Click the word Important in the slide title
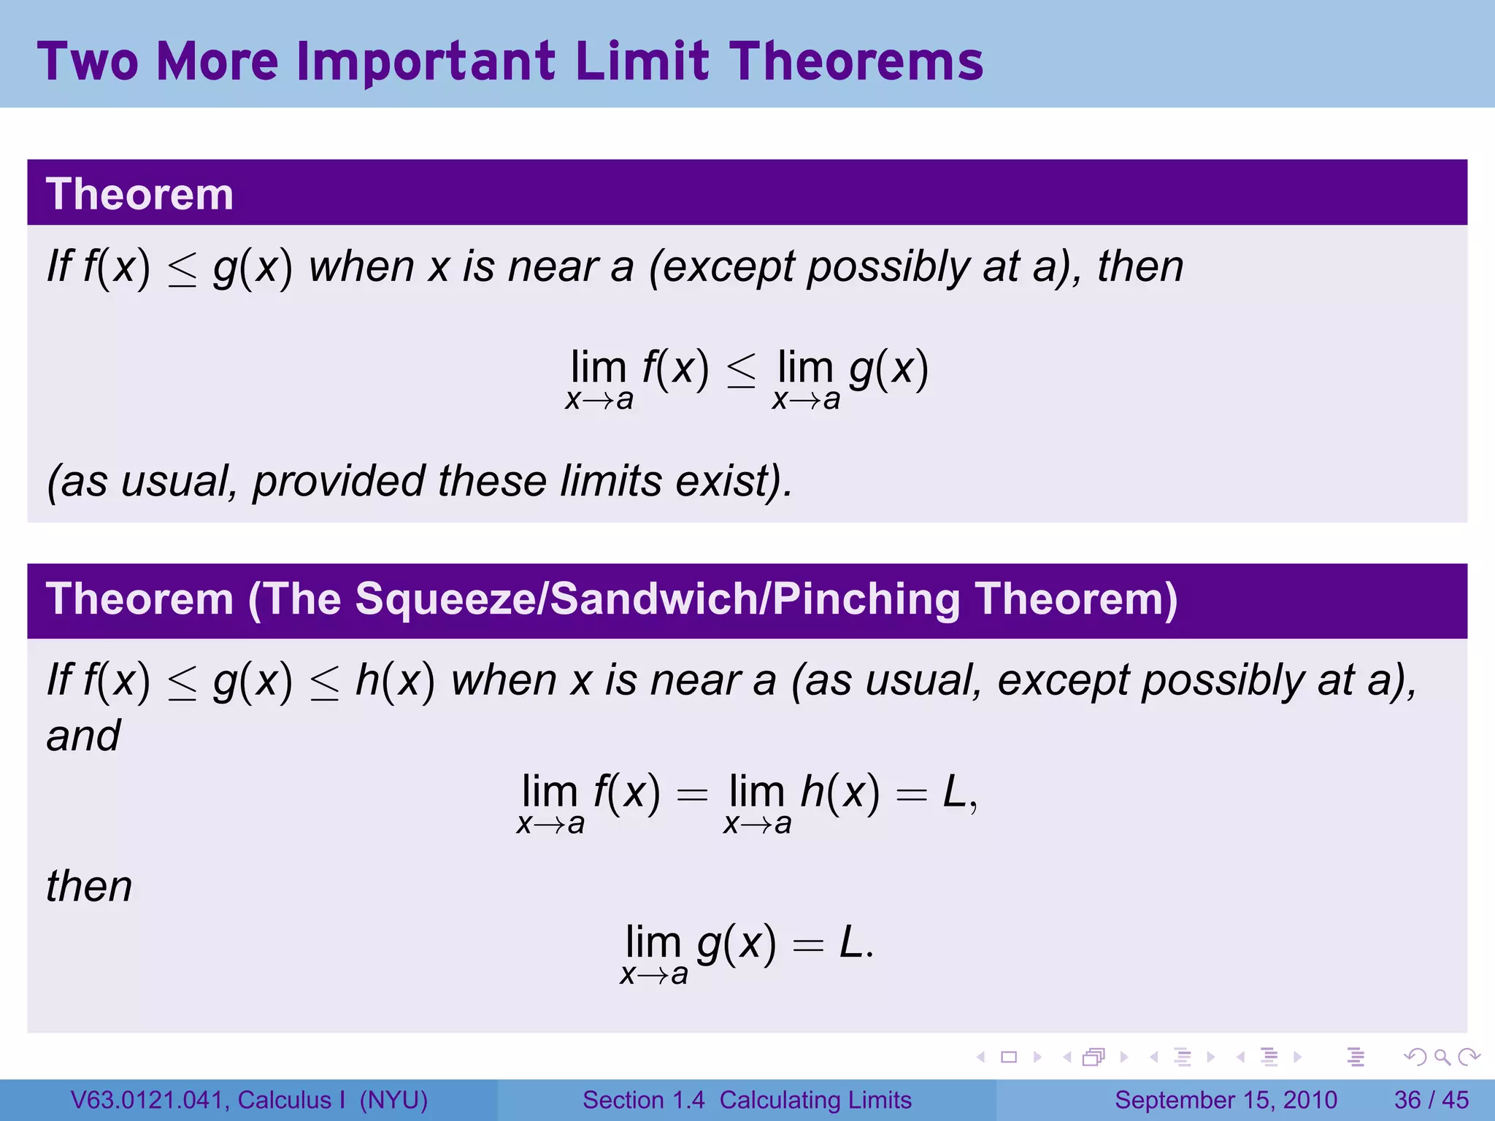click(429, 61)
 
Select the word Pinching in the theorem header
click(866, 599)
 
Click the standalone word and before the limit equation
click(83, 736)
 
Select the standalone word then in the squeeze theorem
click(89, 887)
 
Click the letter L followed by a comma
click(956, 793)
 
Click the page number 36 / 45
click(1431, 1100)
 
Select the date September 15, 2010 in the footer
click(1226, 1100)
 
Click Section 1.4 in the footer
click(644, 1100)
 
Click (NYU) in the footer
click(393, 1100)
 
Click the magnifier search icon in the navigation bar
click(1442, 1057)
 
